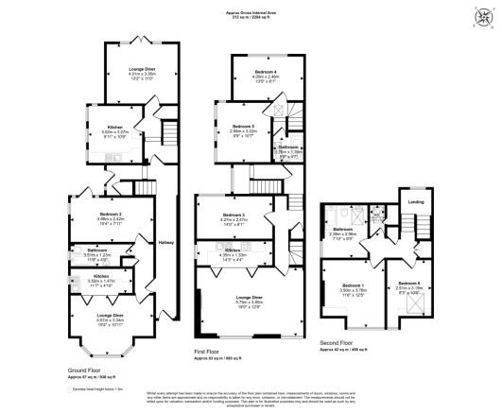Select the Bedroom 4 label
point(266,73)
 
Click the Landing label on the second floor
point(415,202)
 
